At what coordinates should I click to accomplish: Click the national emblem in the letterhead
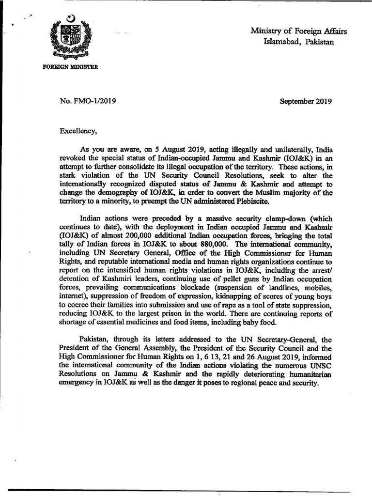point(73,38)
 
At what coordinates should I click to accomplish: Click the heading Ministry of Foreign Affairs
point(299,31)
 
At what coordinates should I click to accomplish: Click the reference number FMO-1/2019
point(94,102)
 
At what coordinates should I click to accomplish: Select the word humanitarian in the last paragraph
point(309,375)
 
